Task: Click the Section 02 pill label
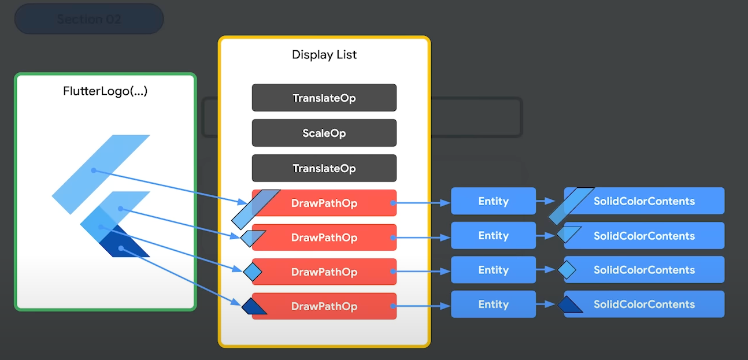pyautogui.click(x=89, y=19)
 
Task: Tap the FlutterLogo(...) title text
pyautogui.click(x=105, y=91)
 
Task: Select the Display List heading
pyautogui.click(x=324, y=55)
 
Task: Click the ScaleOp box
pyautogui.click(x=324, y=133)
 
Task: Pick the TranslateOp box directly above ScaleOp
pyautogui.click(x=324, y=98)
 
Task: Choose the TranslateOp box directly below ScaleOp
pyautogui.click(x=324, y=168)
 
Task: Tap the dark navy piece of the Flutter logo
pyautogui.click(x=124, y=246)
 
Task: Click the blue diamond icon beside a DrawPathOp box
pyautogui.click(x=253, y=270)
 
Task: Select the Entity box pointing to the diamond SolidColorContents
pyautogui.click(x=493, y=270)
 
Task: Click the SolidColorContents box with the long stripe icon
pyautogui.click(x=644, y=201)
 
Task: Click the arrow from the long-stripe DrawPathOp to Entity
pyautogui.click(x=422, y=202)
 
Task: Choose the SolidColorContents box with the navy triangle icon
pyautogui.click(x=644, y=305)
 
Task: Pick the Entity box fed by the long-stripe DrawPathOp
pyautogui.click(x=493, y=201)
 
